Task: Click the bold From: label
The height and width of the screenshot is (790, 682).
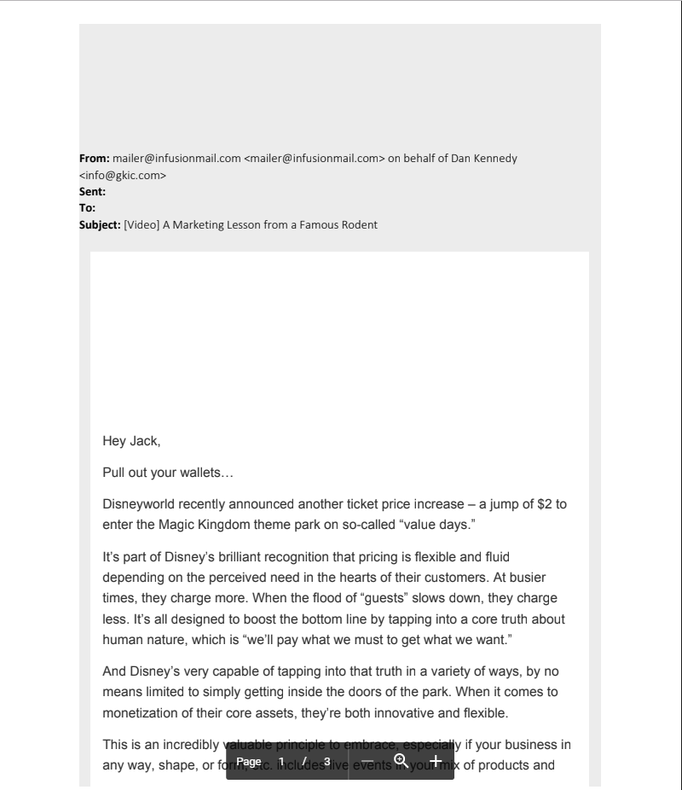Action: (94, 159)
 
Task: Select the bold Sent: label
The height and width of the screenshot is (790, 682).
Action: (92, 192)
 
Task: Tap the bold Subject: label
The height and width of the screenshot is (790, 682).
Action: (100, 225)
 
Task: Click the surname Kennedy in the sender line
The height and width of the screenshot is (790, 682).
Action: (494, 159)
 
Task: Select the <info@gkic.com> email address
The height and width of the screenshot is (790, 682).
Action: (123, 176)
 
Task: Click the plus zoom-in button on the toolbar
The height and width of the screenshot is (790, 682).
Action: (435, 761)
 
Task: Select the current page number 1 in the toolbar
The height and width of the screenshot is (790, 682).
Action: (280, 761)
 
